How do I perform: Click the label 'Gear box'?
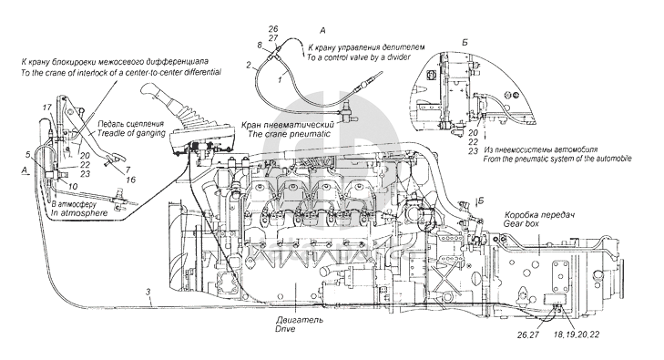[x=521, y=223]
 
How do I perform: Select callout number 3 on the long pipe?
[x=148, y=292]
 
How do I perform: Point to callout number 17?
[x=46, y=108]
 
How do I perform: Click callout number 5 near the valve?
[x=28, y=154]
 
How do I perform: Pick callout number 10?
[x=73, y=186]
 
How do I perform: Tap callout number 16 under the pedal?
[x=131, y=180]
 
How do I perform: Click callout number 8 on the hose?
[x=260, y=44]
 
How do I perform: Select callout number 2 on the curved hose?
[x=249, y=66]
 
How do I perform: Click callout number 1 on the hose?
[x=280, y=78]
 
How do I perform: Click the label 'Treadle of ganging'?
[x=131, y=133]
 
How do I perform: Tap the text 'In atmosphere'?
[x=79, y=213]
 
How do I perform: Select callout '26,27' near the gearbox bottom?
[x=527, y=334]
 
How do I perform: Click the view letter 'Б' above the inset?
[x=465, y=42]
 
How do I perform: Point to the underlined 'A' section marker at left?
[x=25, y=170]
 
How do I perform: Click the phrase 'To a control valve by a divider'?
[x=358, y=57]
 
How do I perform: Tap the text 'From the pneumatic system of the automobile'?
[x=557, y=159]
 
